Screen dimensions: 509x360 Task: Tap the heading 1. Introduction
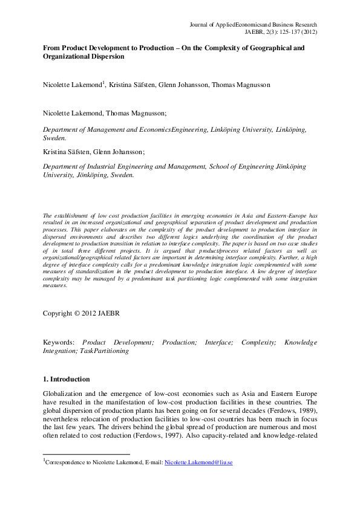tap(66, 379)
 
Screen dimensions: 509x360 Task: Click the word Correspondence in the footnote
tap(66, 462)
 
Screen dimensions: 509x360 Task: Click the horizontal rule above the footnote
tap(86, 454)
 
